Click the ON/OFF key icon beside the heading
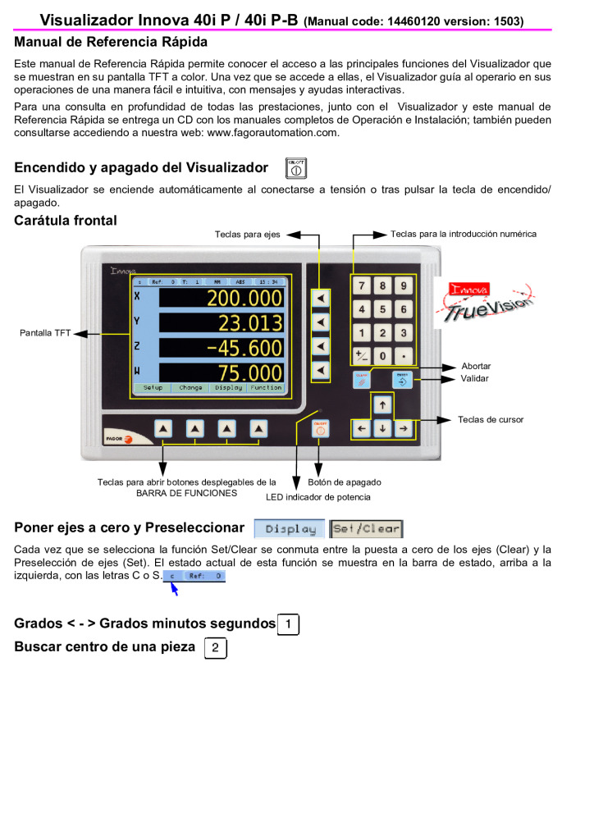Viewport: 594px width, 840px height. [295, 168]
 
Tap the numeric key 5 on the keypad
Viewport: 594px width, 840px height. [383, 309]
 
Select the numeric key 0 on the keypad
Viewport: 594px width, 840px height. [383, 357]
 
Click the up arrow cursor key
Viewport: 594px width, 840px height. [382, 405]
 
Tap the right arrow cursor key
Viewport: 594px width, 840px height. [403, 428]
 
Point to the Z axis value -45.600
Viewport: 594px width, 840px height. [244, 348]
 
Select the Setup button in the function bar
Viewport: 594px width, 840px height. [153, 387]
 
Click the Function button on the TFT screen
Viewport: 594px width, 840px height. [266, 387]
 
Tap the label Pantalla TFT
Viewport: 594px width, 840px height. [45, 332]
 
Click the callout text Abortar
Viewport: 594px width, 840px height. [476, 366]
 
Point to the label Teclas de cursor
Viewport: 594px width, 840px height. [491, 420]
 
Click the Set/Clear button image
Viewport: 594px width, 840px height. [366, 529]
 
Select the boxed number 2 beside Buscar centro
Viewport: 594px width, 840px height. [215, 648]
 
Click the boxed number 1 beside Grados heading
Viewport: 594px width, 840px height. [288, 624]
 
